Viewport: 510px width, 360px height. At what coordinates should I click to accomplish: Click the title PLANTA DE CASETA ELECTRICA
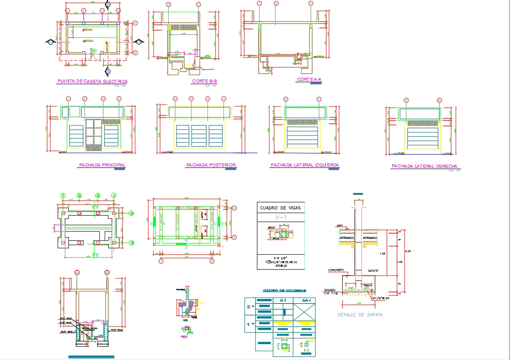(x=92, y=81)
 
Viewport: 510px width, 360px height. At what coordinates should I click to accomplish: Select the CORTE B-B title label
(x=205, y=81)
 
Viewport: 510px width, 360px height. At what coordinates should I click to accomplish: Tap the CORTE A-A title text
(x=309, y=80)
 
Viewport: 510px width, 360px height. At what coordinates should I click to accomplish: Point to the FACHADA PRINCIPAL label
(x=102, y=165)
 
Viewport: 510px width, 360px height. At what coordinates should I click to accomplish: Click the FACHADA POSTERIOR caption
(x=211, y=165)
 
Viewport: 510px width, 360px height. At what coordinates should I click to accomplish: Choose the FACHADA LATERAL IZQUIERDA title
(x=305, y=165)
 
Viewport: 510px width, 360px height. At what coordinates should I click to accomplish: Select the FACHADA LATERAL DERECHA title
(x=424, y=167)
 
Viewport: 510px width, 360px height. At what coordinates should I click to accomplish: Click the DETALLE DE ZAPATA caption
(x=360, y=315)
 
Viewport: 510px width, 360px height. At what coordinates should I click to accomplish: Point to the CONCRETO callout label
(x=336, y=270)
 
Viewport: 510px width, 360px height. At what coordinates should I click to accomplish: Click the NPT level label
(x=340, y=226)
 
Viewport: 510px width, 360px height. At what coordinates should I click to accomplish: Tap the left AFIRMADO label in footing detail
(x=347, y=238)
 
